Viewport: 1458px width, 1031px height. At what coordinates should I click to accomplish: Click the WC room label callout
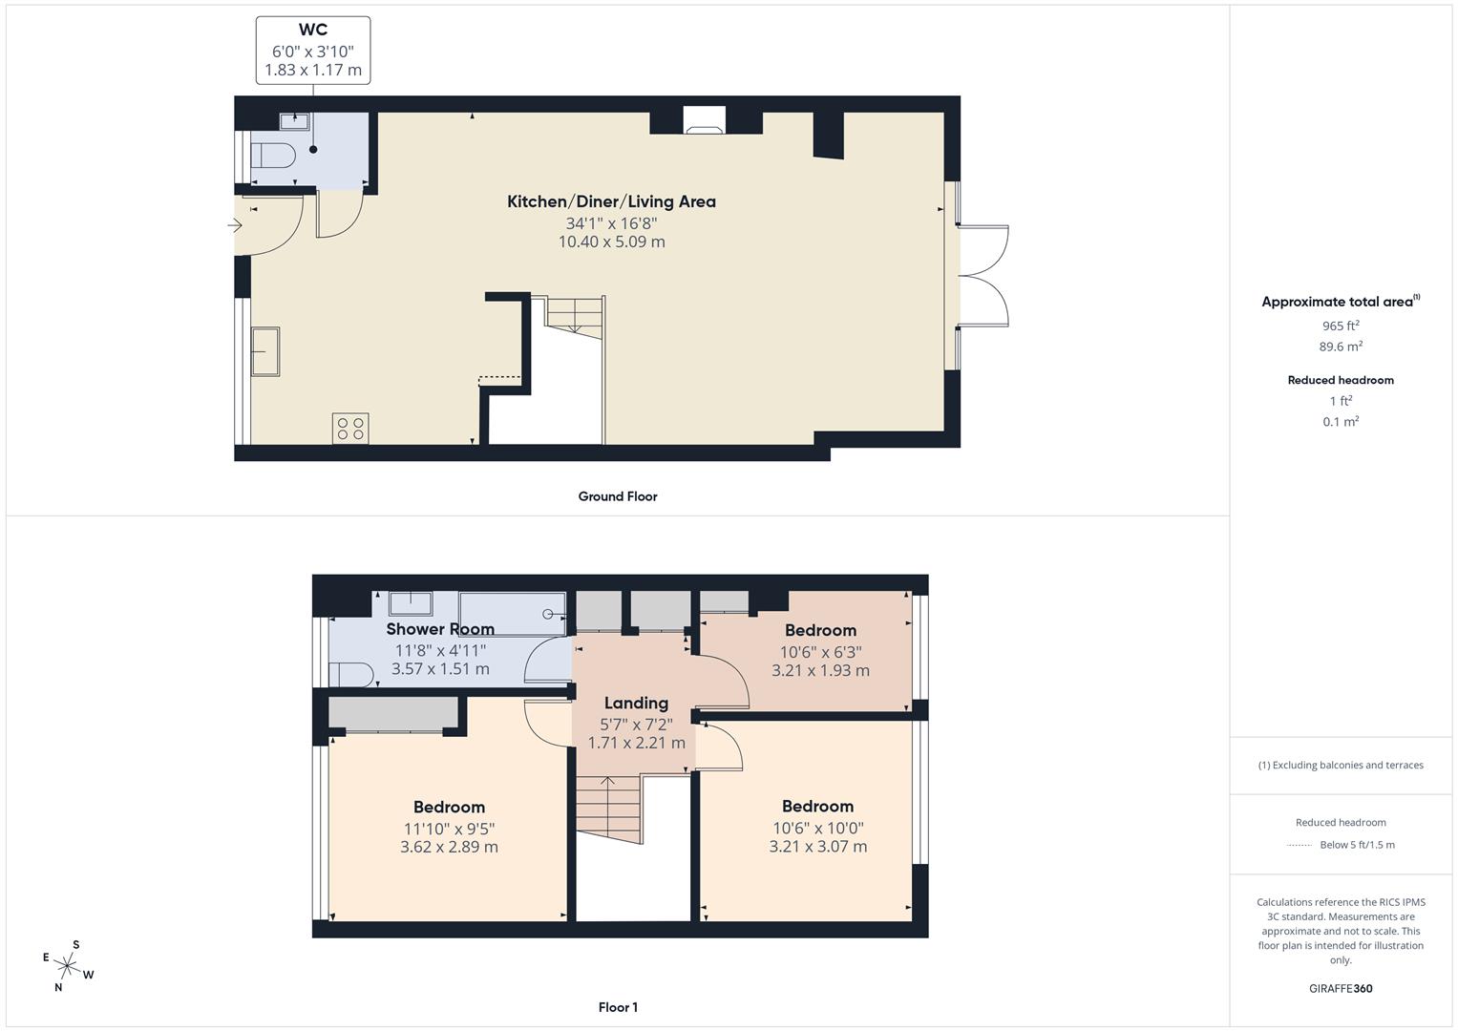tap(313, 50)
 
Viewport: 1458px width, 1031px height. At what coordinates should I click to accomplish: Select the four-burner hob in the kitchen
tap(350, 428)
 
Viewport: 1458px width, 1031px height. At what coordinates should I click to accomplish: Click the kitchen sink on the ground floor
tap(265, 352)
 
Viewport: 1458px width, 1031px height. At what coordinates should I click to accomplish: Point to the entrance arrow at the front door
tap(235, 226)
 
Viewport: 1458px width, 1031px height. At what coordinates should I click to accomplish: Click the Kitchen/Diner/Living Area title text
tap(611, 201)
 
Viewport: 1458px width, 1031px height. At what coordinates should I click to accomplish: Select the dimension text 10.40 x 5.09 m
tap(611, 242)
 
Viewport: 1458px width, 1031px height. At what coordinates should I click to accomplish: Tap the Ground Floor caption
tap(618, 496)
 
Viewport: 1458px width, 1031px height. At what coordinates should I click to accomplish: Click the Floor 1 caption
tap(618, 1007)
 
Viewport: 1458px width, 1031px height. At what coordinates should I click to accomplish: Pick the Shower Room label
tap(440, 629)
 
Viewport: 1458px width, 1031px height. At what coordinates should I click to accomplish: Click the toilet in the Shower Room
tap(350, 674)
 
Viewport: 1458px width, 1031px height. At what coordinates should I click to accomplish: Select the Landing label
tap(636, 704)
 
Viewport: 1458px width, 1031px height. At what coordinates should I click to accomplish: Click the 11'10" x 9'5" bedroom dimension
tap(449, 829)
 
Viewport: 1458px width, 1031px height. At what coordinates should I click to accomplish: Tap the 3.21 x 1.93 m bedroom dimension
tap(820, 670)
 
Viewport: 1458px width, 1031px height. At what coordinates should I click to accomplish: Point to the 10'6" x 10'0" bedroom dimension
tap(818, 829)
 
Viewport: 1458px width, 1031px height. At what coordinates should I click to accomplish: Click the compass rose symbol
tap(69, 966)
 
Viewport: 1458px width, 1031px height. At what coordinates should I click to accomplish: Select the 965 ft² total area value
tap(1341, 326)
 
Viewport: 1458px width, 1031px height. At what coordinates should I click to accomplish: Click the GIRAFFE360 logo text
tap(1341, 988)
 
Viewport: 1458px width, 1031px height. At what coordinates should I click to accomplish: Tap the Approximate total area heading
tap(1339, 302)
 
